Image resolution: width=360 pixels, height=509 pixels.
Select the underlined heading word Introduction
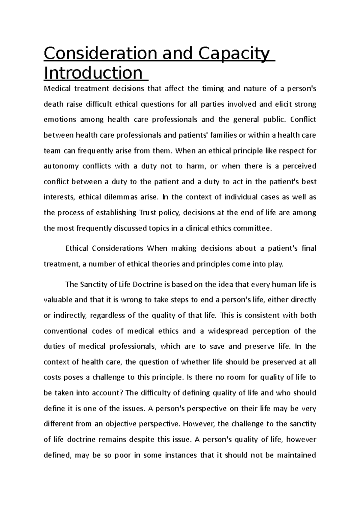tap(93, 73)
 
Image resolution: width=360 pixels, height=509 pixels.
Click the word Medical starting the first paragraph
tap(57, 89)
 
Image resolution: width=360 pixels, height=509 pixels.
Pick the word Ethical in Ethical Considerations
tap(76, 249)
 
